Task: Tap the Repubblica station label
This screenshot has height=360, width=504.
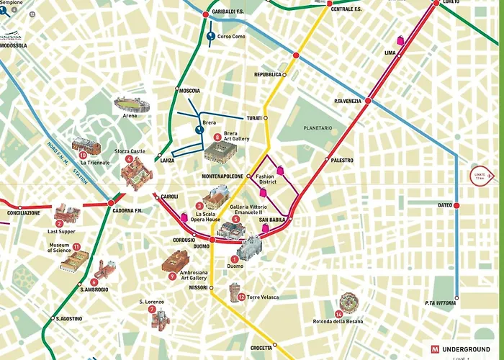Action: (267, 74)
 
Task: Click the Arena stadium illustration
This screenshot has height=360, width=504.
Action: (132, 105)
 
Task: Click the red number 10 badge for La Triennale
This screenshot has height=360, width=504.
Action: (83, 154)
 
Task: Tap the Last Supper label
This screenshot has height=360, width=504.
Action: (61, 233)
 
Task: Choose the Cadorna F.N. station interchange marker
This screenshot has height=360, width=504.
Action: (111, 202)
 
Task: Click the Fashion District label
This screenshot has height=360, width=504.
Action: (265, 179)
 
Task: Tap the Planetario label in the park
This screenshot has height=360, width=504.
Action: (318, 128)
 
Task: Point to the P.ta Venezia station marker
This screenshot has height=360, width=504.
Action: (368, 101)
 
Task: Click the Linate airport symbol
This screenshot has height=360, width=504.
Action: (480, 175)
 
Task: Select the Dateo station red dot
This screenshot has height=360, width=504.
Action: (456, 205)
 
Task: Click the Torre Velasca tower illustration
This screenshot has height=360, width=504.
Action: (235, 292)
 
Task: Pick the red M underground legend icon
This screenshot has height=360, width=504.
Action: (436, 349)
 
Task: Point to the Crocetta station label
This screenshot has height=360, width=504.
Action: (261, 348)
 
